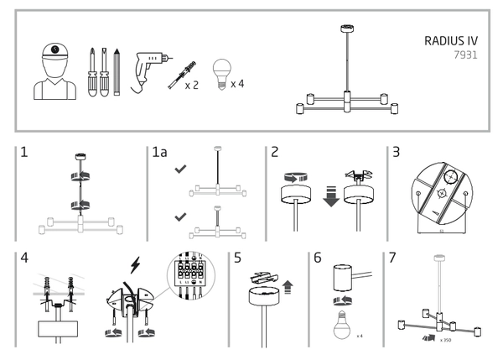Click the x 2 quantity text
pos(191,85)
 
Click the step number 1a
pos(159,153)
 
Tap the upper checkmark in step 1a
pos(178,170)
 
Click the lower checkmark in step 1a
pos(178,217)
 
